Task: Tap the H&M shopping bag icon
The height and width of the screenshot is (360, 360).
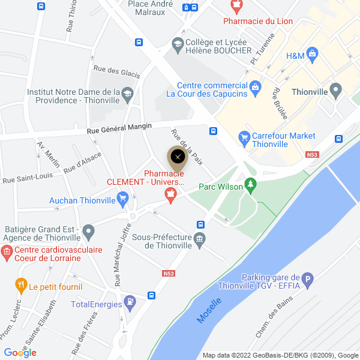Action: (312, 55)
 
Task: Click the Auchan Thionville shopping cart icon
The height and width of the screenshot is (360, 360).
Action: (123, 197)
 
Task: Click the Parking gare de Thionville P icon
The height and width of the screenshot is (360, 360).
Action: (308, 279)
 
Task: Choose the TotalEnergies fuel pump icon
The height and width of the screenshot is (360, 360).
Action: (129, 304)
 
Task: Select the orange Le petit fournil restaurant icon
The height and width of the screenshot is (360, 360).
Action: (22, 285)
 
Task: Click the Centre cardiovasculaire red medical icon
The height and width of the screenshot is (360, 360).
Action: (7, 253)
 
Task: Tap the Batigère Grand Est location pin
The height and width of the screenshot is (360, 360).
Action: (89, 231)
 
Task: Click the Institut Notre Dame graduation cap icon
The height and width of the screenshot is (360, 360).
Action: (127, 94)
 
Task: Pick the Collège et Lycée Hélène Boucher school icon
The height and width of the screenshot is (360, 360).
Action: (178, 43)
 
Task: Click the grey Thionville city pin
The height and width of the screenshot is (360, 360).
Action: (335, 92)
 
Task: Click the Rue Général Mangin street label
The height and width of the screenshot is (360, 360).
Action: (119, 128)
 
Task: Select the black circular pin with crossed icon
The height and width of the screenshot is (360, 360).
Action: (178, 157)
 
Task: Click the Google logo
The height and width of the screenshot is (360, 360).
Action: (20, 353)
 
